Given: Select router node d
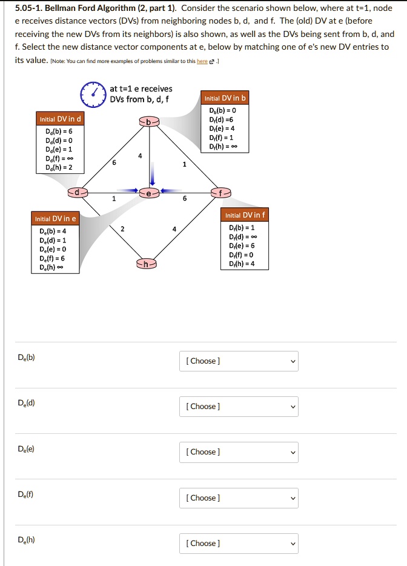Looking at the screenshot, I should click(78, 193).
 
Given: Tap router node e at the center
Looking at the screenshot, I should click(149, 193).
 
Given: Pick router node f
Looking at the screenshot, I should click(220, 193).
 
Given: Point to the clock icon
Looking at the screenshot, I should click(93, 93).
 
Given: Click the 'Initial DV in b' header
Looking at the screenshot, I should click(225, 98).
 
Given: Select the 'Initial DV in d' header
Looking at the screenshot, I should click(60, 119).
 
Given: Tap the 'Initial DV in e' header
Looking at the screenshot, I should click(56, 218).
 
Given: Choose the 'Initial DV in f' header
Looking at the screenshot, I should click(245, 215).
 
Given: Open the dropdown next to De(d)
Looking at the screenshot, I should click(239, 406).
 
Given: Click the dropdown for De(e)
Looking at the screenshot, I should click(239, 451).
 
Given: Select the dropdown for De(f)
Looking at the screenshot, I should click(239, 498).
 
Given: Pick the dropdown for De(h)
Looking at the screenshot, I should click(239, 543).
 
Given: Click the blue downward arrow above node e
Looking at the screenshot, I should click(153, 173).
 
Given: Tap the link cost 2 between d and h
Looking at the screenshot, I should click(123, 228).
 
